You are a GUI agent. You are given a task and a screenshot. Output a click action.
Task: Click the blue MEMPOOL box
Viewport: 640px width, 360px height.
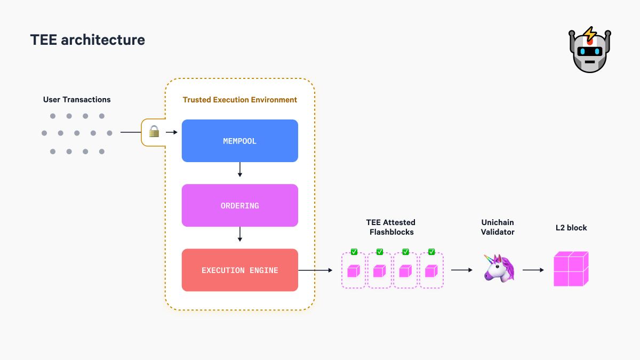[x=239, y=141]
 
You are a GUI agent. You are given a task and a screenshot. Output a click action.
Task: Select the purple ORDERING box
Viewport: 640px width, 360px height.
[x=239, y=205]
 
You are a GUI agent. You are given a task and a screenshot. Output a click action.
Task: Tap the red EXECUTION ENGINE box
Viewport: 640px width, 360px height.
[x=239, y=270]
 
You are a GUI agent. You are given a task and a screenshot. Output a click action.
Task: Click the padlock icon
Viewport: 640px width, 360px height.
[x=154, y=132]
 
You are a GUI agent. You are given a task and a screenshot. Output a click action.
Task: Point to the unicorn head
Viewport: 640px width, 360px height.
[x=499, y=268]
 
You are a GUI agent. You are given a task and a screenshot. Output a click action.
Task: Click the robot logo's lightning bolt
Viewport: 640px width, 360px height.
[x=589, y=35]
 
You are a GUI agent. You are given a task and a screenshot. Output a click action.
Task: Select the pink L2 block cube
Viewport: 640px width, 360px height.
[x=570, y=269]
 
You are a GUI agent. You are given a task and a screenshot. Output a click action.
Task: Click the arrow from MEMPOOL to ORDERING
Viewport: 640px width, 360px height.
[x=239, y=170]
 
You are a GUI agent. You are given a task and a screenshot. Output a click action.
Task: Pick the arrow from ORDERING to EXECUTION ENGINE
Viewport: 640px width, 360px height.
[x=239, y=235]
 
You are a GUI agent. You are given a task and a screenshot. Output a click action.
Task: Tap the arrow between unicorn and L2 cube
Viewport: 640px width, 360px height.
[x=533, y=270]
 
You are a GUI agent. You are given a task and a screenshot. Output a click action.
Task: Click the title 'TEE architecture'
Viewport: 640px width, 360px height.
[x=87, y=39]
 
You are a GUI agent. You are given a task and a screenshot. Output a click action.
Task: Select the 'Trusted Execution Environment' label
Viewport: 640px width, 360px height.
[x=240, y=100]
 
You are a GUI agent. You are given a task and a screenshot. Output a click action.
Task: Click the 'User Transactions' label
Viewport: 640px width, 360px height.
[x=77, y=100]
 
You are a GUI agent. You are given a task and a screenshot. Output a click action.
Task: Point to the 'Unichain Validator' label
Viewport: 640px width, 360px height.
[x=498, y=227]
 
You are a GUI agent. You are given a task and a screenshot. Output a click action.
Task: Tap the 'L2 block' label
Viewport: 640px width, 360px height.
[x=571, y=228]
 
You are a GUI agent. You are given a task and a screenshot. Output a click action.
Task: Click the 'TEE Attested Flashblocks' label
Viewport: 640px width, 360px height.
[x=390, y=227]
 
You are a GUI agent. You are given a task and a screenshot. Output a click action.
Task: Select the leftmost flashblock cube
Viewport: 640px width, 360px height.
[x=354, y=271]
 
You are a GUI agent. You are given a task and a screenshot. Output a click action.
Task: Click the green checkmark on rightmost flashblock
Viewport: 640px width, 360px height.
[x=431, y=252]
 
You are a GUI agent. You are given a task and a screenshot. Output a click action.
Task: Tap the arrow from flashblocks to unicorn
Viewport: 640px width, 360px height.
[x=462, y=270]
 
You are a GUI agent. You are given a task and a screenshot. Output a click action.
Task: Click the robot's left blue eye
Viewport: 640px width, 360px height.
[x=583, y=52]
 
